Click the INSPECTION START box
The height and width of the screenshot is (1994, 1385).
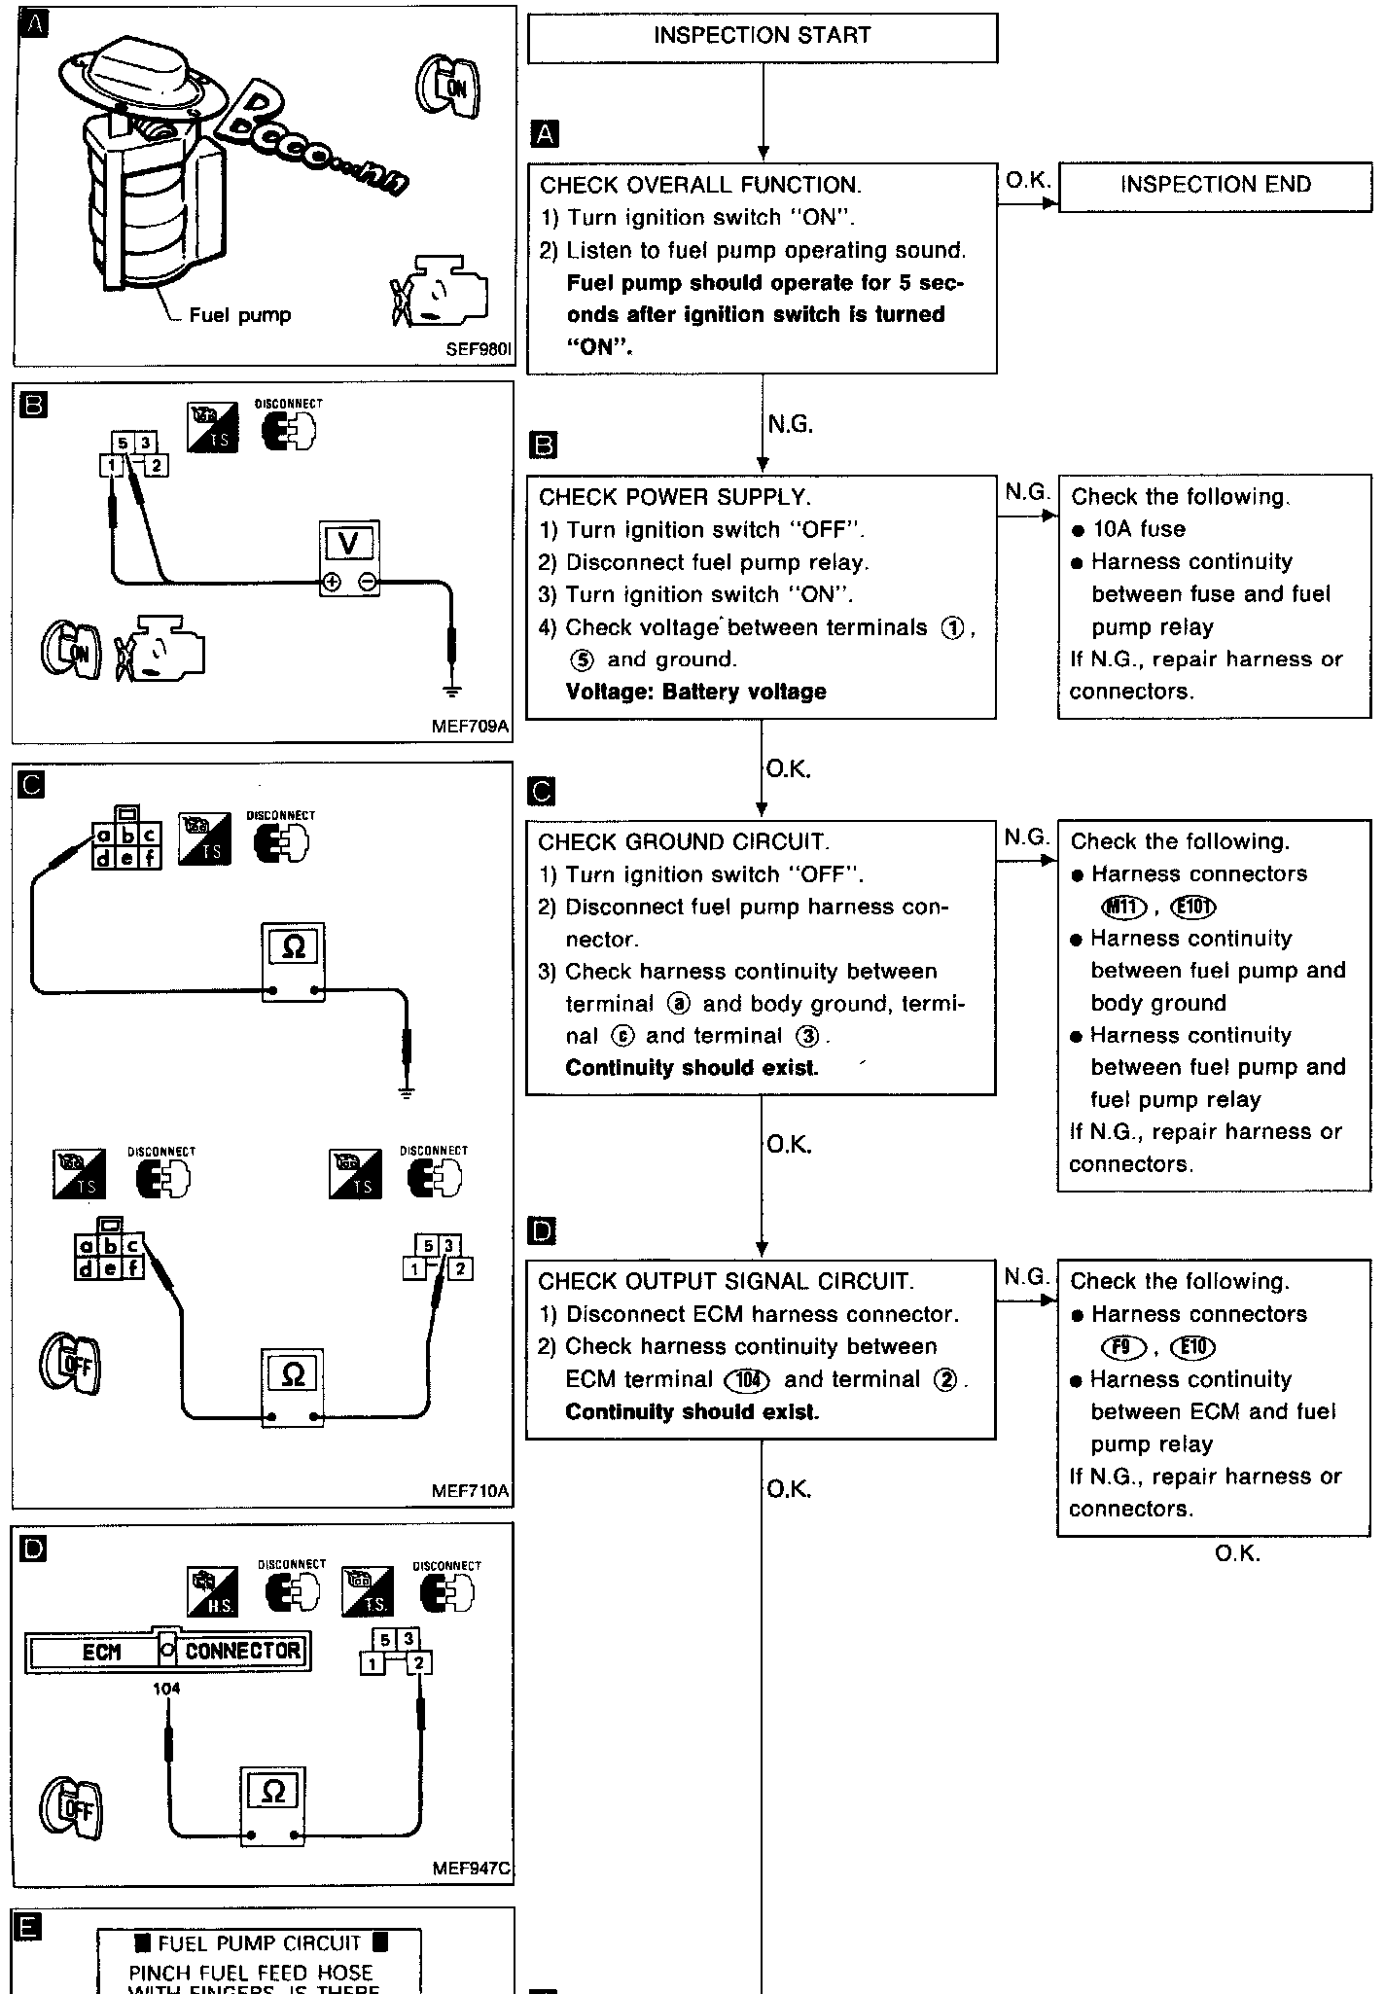[762, 37]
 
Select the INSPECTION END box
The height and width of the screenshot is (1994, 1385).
[1214, 185]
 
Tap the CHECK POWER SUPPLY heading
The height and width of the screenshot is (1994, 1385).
[674, 497]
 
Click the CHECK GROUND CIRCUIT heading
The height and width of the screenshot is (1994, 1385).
[682, 841]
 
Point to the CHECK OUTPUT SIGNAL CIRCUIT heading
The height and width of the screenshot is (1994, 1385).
[726, 1281]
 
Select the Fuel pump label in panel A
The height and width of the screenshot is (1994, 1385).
[239, 315]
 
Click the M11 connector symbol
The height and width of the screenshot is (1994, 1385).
[1121, 908]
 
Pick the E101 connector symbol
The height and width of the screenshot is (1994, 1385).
[1194, 908]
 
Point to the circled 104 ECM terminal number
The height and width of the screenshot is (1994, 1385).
[747, 1380]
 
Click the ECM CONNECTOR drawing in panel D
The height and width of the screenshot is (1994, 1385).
[167, 1651]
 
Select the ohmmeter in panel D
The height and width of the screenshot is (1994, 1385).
[273, 1792]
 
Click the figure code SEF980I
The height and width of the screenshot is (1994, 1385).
[479, 348]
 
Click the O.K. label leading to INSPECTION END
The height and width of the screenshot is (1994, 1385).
[1026, 180]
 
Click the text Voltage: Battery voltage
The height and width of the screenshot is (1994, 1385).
[695, 692]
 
